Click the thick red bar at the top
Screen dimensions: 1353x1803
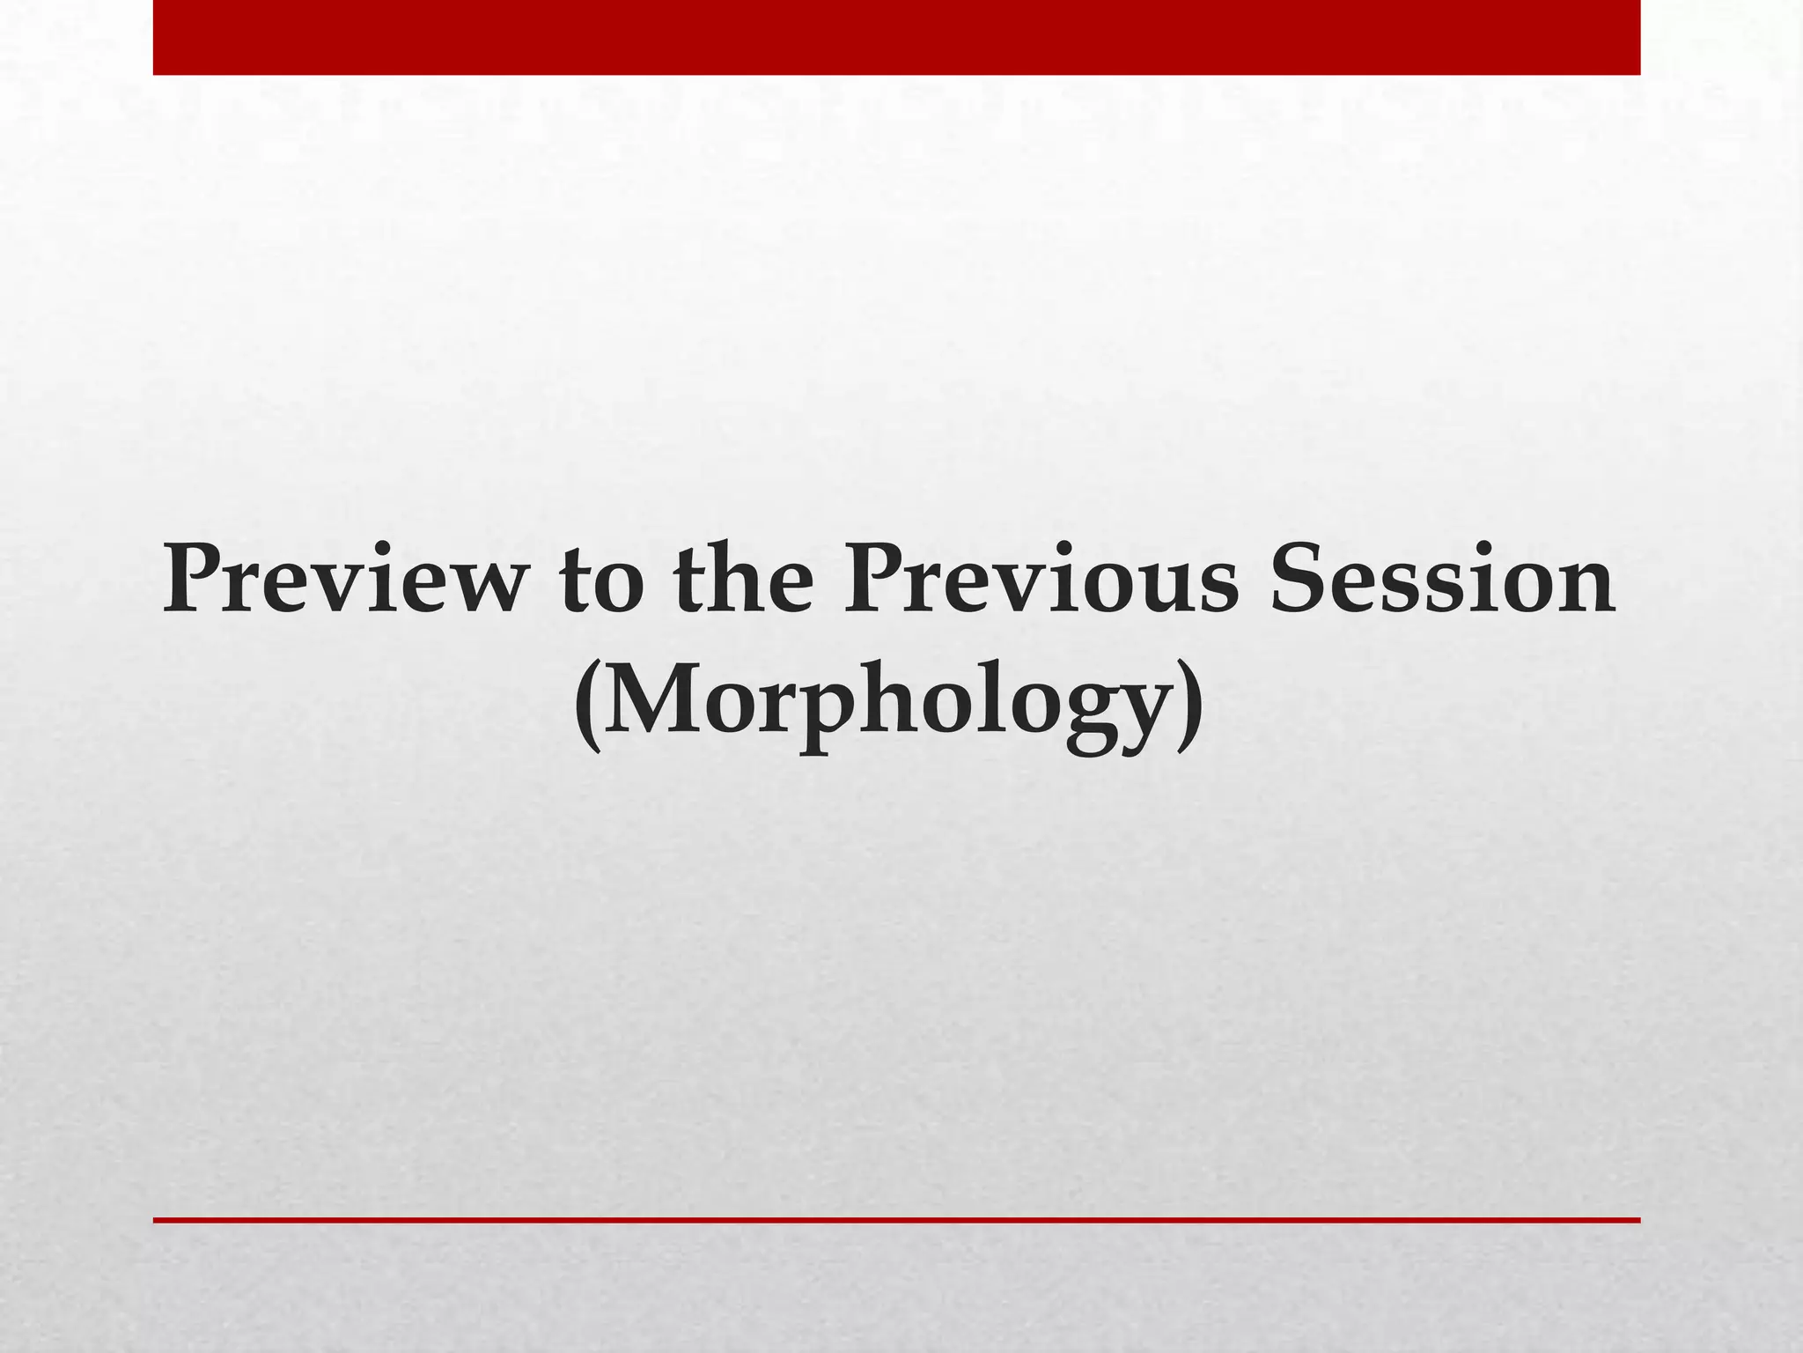[896, 37]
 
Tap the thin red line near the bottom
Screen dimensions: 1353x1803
[896, 1220]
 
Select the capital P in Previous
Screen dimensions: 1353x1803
[875, 580]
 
